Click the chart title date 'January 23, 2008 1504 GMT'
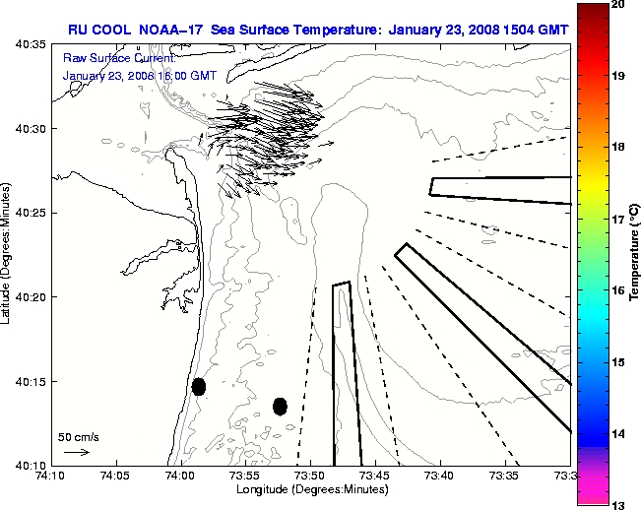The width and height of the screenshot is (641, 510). (x=478, y=29)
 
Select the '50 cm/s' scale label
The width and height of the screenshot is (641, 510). (x=78, y=436)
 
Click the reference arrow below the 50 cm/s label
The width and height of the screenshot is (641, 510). (x=76, y=452)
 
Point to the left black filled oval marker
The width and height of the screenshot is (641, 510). (x=199, y=386)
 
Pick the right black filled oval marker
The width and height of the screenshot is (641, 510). (x=280, y=406)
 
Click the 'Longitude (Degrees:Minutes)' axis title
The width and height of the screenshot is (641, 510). (x=310, y=489)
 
